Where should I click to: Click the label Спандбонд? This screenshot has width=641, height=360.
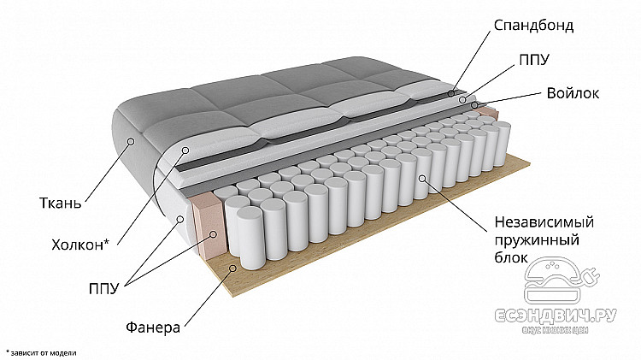pyautogui.click(x=533, y=25)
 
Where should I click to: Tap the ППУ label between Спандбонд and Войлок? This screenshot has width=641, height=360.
pyautogui.click(x=534, y=60)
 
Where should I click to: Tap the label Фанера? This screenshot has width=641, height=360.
pyautogui.click(x=153, y=327)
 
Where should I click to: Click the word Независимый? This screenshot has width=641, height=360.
pyautogui.click(x=544, y=223)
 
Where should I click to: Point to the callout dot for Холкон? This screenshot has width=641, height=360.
pyautogui.click(x=186, y=151)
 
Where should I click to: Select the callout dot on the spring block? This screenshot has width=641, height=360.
pyautogui.click(x=422, y=178)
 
